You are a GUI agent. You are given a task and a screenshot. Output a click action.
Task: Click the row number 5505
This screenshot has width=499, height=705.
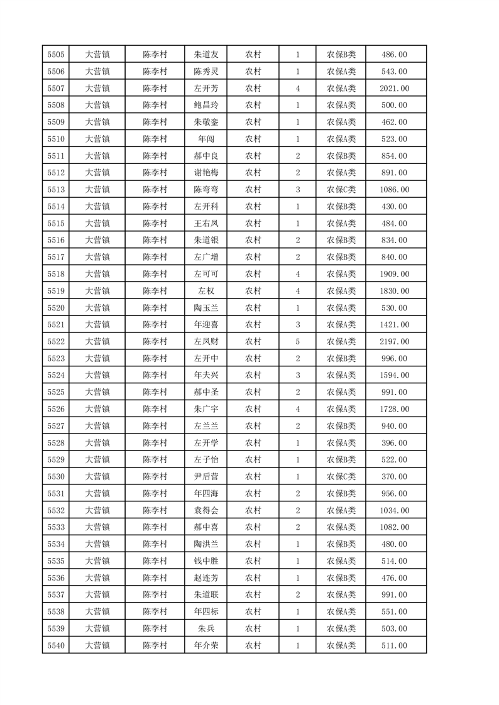pyautogui.click(x=55, y=55)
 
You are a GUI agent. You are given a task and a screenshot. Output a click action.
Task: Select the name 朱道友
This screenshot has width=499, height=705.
pyautogui.click(x=206, y=55)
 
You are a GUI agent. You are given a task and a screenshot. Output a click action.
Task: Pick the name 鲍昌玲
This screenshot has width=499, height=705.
pyautogui.click(x=206, y=106)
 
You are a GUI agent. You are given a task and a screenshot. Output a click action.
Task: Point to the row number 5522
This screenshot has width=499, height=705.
pyautogui.click(x=55, y=342)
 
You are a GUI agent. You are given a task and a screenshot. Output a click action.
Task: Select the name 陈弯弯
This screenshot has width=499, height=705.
pyautogui.click(x=206, y=190)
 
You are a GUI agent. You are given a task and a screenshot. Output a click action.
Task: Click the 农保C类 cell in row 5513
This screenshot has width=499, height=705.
pyautogui.click(x=341, y=190)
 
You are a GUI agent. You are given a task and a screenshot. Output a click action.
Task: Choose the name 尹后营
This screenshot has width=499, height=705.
pyautogui.click(x=206, y=477)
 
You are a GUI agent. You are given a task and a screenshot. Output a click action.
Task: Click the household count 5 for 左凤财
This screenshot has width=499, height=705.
pyautogui.click(x=297, y=342)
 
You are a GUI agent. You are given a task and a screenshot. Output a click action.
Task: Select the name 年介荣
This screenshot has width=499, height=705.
pyautogui.click(x=206, y=645)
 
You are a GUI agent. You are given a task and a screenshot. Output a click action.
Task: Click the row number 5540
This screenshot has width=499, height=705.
pyautogui.click(x=55, y=645)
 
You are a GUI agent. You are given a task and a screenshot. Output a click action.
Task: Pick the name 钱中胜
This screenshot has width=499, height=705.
pyautogui.click(x=206, y=561)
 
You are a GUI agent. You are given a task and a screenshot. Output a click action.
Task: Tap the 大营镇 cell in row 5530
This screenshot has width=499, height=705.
pyautogui.click(x=97, y=477)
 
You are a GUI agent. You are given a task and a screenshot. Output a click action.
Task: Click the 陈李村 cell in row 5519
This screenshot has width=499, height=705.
pyautogui.click(x=155, y=291)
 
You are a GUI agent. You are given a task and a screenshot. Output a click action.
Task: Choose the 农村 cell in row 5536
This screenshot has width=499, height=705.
pyautogui.click(x=253, y=578)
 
